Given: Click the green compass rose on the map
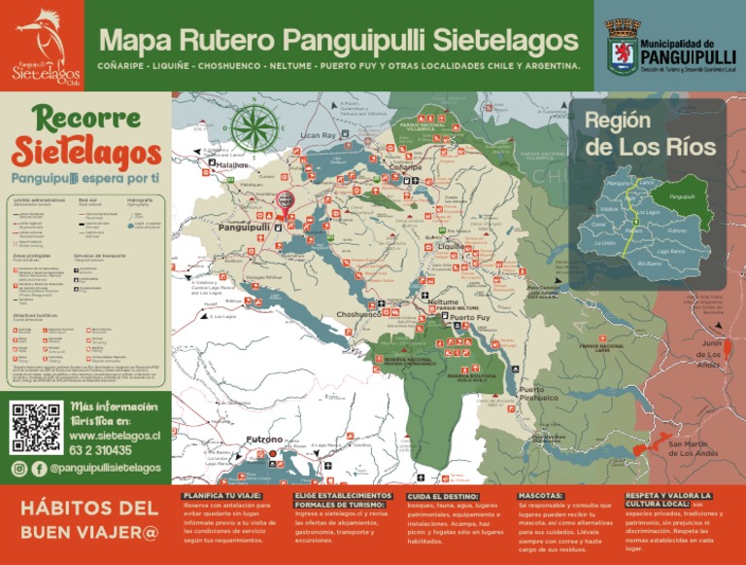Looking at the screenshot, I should point(254,128).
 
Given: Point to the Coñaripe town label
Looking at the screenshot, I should point(405,167).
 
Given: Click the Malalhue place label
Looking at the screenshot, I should point(233,165).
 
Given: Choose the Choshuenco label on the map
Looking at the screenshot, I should point(358,314).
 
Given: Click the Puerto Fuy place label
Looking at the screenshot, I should point(471,317).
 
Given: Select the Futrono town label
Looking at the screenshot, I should point(263,440).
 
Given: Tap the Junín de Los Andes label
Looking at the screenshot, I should point(708,355).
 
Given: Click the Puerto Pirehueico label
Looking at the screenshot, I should point(538,394).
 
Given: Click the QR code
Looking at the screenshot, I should point(36,426).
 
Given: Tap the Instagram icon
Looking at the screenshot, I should point(19,469).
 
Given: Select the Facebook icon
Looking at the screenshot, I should point(39,469).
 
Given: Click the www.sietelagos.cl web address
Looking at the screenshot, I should point(115,436).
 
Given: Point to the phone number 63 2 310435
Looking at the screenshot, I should point(101,450).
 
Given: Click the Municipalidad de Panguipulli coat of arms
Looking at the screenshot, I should point(622,48).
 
